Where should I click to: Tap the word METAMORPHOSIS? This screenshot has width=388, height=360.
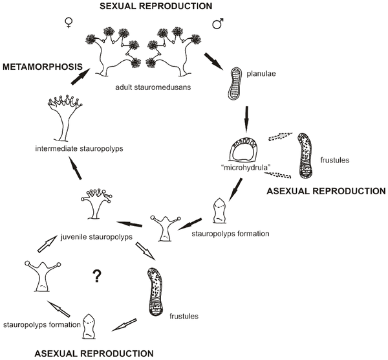pos(43,66)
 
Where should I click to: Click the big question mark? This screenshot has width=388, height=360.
pos(98,276)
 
